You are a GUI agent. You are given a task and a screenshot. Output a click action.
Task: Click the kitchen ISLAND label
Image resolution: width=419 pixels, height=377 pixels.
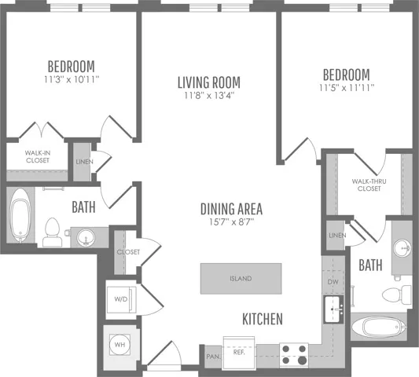[x=241, y=279]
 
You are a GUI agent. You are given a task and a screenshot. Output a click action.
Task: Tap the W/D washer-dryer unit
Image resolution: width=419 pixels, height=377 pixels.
[x=122, y=299]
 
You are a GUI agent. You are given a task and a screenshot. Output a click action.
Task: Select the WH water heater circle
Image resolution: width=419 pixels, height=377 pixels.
[x=119, y=345]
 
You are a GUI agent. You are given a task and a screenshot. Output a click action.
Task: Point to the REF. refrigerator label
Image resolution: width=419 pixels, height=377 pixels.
[x=239, y=352]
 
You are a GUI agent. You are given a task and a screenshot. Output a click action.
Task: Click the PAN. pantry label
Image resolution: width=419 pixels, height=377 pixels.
[x=214, y=357]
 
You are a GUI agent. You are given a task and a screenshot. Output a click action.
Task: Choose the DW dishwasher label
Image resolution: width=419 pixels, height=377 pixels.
[x=333, y=282]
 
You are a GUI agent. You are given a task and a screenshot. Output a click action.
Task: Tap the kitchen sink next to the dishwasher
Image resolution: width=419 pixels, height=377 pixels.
[x=333, y=309]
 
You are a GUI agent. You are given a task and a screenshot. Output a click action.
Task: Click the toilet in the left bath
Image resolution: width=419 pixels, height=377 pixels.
[x=52, y=232]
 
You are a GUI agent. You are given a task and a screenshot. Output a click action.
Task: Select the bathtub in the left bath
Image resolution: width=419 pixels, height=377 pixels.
[x=20, y=215]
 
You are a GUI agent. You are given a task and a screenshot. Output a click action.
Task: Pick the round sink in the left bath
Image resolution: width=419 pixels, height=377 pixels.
[x=86, y=237]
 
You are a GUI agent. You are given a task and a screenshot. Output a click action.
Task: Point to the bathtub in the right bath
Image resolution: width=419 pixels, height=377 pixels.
[x=379, y=326]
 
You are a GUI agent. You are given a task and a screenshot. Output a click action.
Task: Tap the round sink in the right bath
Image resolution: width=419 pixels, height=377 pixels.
[x=402, y=248]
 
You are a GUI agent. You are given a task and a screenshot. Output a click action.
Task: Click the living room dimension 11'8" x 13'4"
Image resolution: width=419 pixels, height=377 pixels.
[x=209, y=95]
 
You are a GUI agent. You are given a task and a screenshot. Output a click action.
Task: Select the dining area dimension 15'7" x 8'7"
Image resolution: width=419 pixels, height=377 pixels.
[x=231, y=221]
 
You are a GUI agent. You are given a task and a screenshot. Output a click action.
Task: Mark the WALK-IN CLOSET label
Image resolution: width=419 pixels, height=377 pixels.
[x=38, y=157]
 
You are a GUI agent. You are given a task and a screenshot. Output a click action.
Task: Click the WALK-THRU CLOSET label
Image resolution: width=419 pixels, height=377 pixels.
[x=369, y=185]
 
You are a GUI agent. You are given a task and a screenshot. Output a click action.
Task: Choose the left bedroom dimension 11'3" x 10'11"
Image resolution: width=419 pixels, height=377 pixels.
[x=72, y=79]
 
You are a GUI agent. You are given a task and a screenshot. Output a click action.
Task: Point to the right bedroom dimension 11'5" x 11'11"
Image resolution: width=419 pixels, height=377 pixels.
[x=347, y=88]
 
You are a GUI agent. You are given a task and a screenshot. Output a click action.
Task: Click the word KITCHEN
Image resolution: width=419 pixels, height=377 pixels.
[x=263, y=319]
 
